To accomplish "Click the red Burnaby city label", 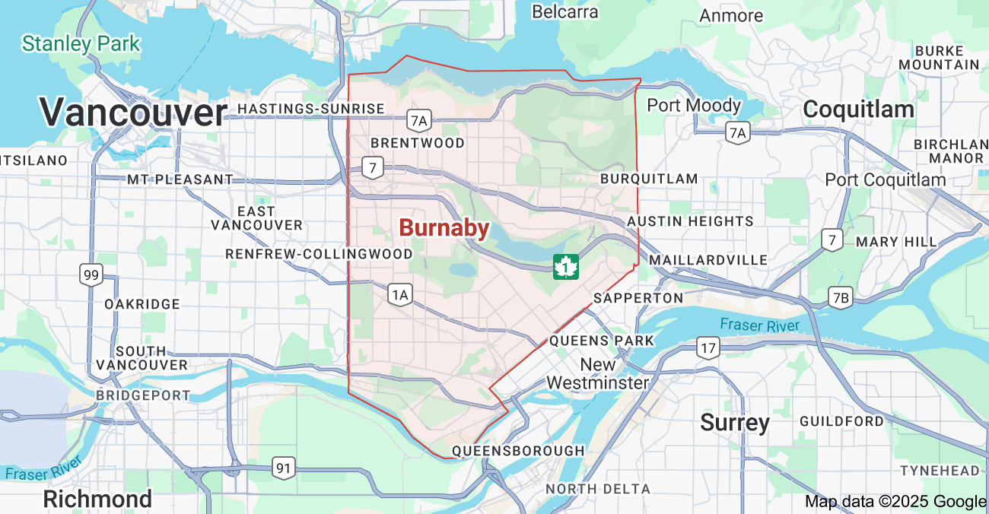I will (444, 227).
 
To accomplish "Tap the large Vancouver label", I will (133, 113).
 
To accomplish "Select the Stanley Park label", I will (81, 43).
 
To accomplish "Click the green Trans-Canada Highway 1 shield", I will (565, 267).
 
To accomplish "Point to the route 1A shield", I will (399, 294).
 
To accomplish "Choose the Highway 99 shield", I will (91, 274).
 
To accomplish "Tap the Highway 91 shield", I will (283, 468).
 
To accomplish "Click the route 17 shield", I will (708, 348).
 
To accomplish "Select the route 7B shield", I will (841, 297).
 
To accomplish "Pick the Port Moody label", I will (693, 105).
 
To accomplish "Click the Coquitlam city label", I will (858, 109).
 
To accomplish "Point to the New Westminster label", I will (598, 373).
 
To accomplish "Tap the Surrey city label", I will (735, 422).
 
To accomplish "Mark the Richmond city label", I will (97, 499).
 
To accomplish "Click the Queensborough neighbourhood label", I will (518, 451).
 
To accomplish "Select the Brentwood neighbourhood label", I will (417, 143).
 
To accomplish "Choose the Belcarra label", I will (564, 11).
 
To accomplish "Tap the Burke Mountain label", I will (939, 58).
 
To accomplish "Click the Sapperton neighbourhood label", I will (638, 297).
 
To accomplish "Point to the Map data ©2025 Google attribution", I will (895, 501).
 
